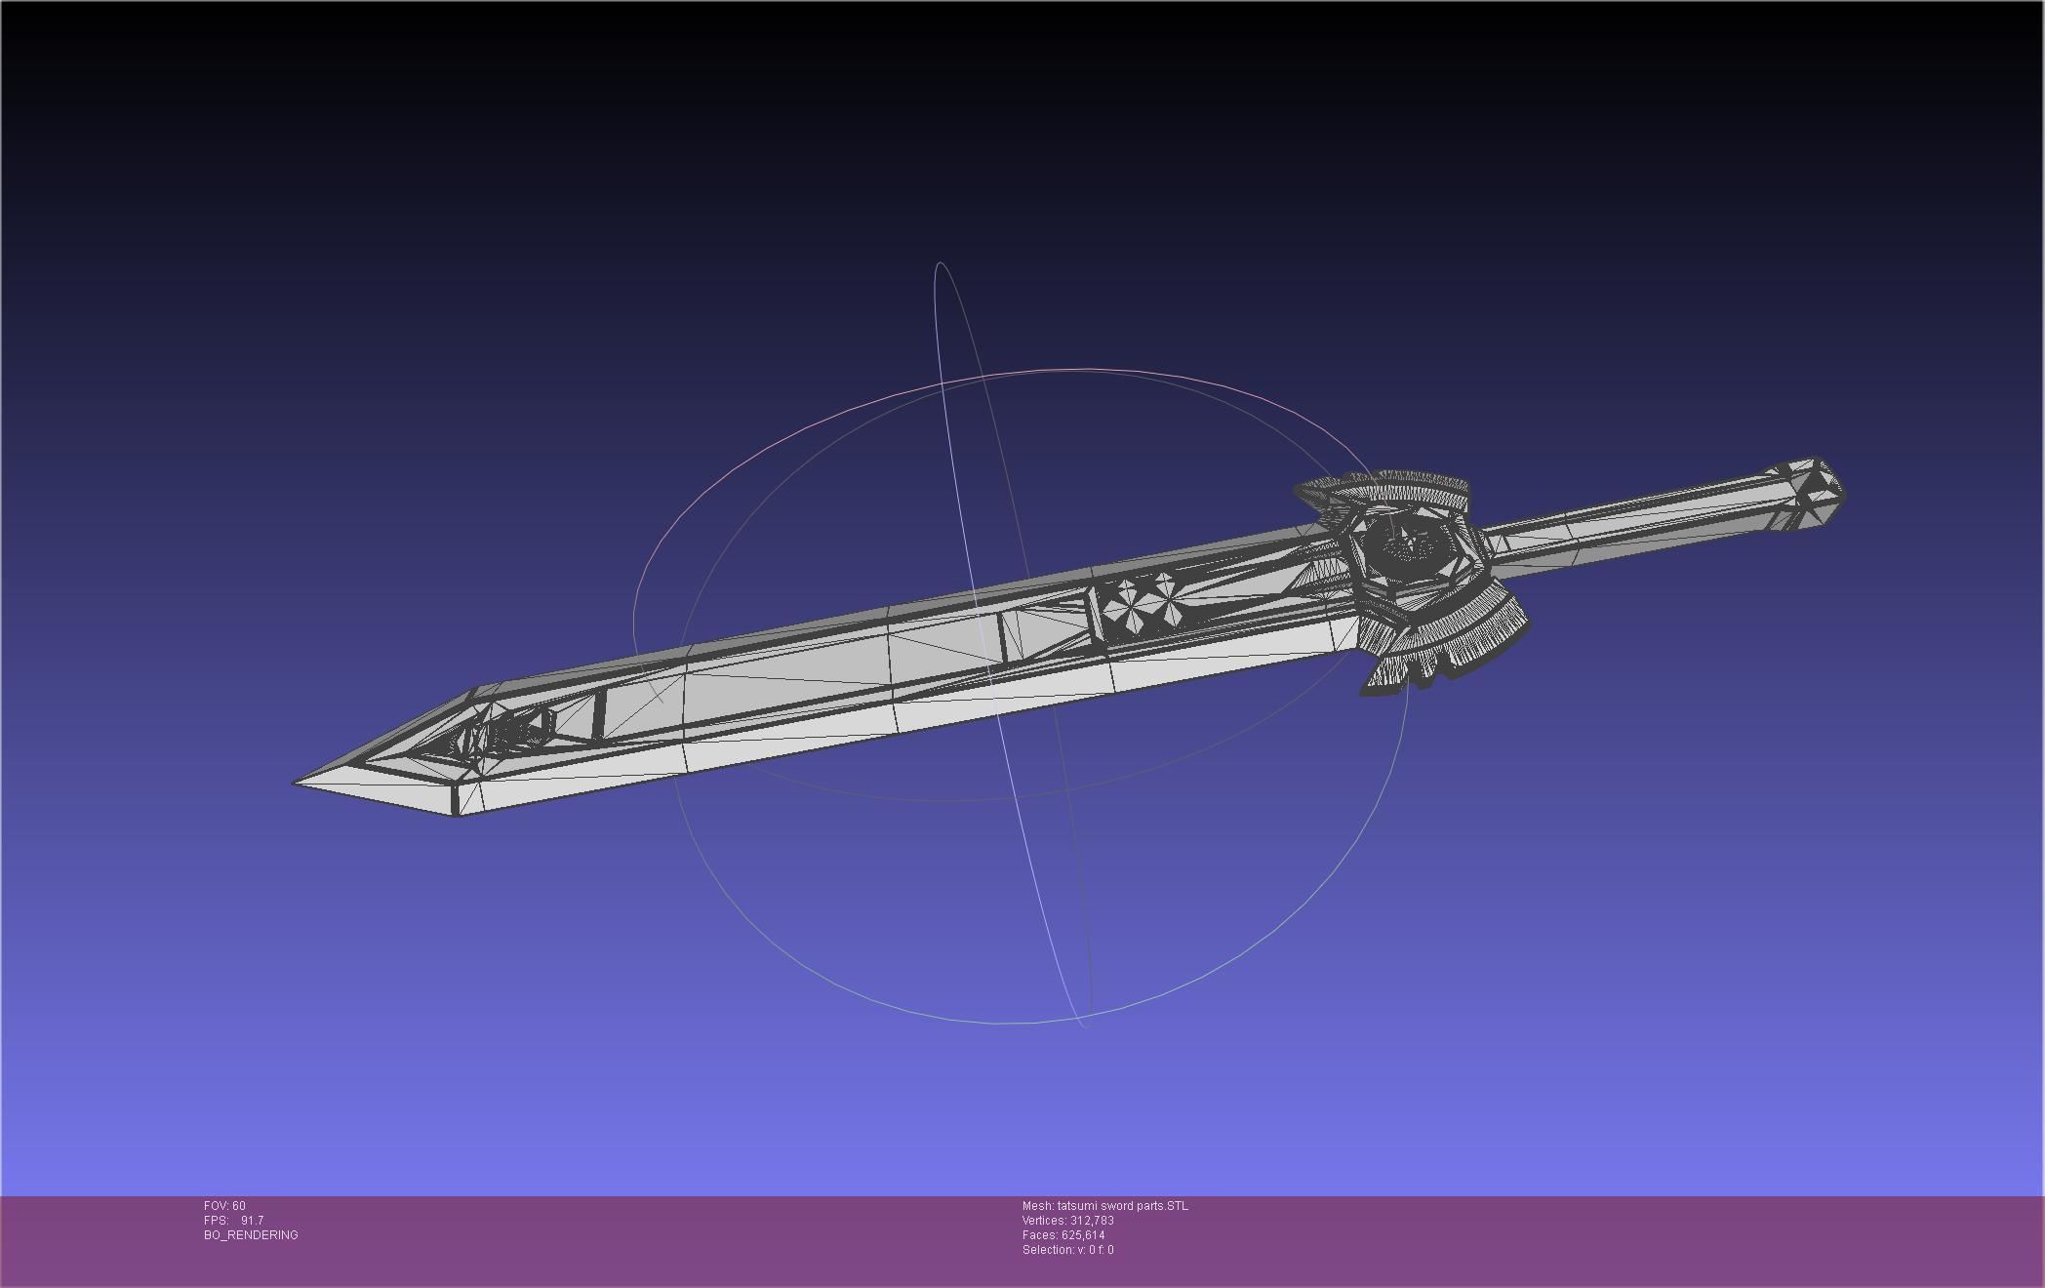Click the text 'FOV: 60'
224,1206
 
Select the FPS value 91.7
252,1221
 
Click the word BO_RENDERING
251,1235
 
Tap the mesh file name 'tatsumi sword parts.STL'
1122,1206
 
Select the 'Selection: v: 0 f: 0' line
1067,1250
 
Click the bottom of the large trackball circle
995,1023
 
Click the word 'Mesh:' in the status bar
1037,1206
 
